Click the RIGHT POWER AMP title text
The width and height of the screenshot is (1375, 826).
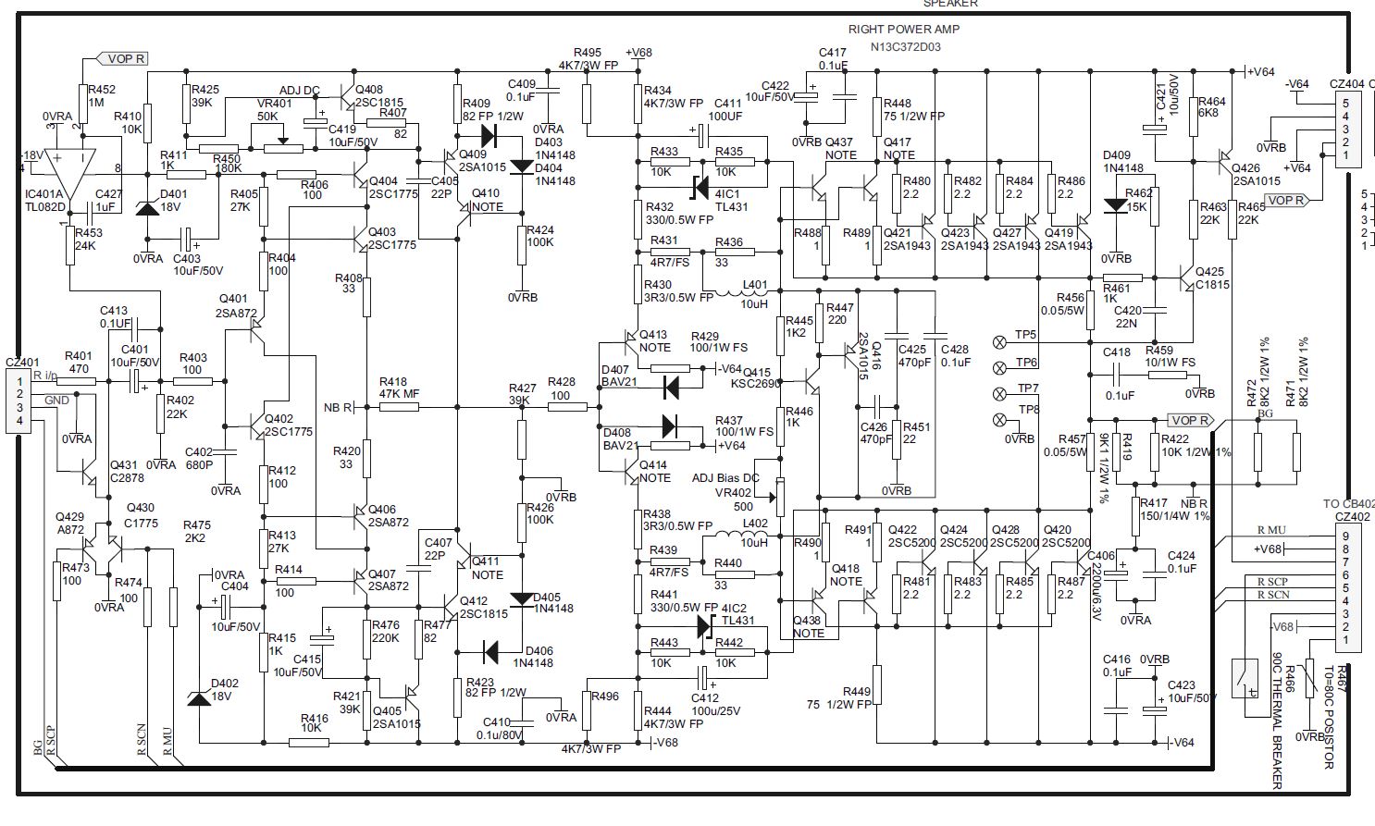(x=903, y=30)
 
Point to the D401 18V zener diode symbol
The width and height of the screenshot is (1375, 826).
(x=146, y=208)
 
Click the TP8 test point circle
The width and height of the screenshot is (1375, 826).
(x=998, y=420)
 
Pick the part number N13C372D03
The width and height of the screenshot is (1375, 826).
(x=905, y=46)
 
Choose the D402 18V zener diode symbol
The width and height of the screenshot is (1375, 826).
(x=198, y=698)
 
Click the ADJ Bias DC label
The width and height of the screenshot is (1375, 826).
(x=725, y=477)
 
